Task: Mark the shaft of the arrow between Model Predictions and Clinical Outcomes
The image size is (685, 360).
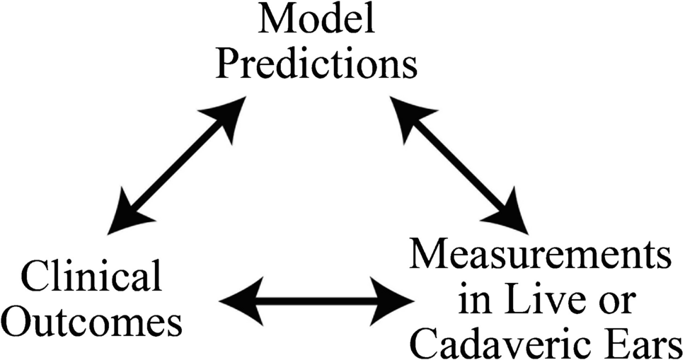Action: click(x=176, y=166)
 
